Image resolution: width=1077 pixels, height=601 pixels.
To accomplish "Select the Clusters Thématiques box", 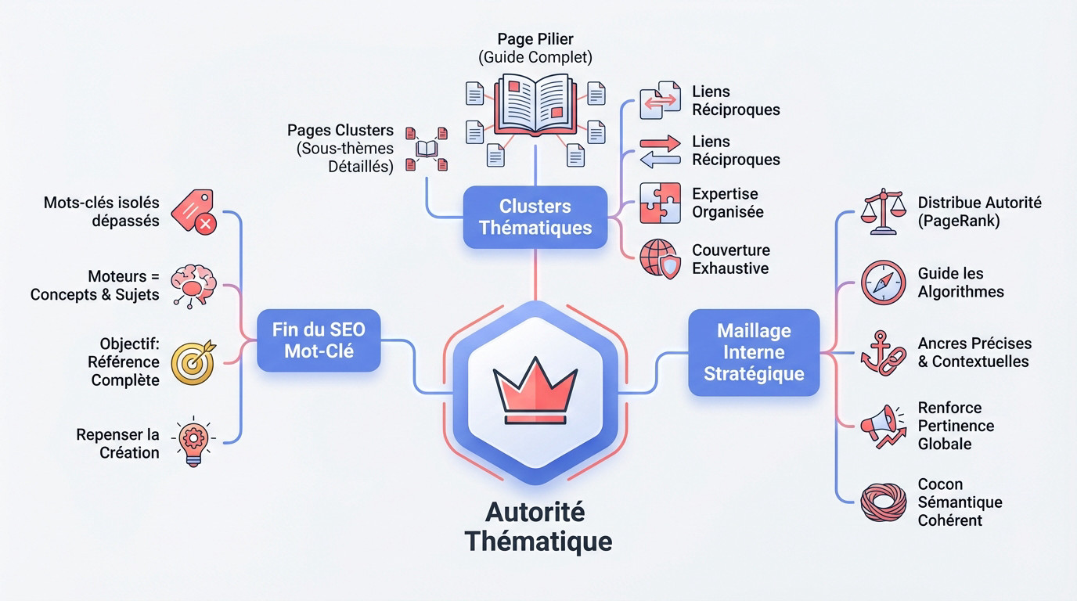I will click(x=535, y=217).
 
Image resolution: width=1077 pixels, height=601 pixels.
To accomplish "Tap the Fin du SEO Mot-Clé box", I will click(x=319, y=340).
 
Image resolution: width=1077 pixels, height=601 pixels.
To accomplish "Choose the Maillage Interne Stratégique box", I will click(x=754, y=352).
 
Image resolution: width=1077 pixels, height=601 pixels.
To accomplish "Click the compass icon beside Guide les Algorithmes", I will click(x=883, y=283).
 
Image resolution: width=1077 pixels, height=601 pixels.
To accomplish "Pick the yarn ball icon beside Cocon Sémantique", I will click(x=882, y=502).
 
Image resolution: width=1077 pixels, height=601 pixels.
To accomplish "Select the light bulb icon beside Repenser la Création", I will click(x=193, y=442).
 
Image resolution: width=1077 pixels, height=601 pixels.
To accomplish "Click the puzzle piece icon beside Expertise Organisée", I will click(x=660, y=203).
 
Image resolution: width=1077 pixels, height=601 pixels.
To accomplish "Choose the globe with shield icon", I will click(x=660, y=259).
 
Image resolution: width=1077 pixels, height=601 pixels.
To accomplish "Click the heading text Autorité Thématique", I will click(x=537, y=526).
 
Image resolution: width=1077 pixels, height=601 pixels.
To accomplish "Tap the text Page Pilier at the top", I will click(x=535, y=38).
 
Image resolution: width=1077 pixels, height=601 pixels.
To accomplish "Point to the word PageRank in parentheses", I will click(x=959, y=221).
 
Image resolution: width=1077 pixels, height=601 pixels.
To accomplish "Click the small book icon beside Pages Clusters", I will click(x=426, y=149).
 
